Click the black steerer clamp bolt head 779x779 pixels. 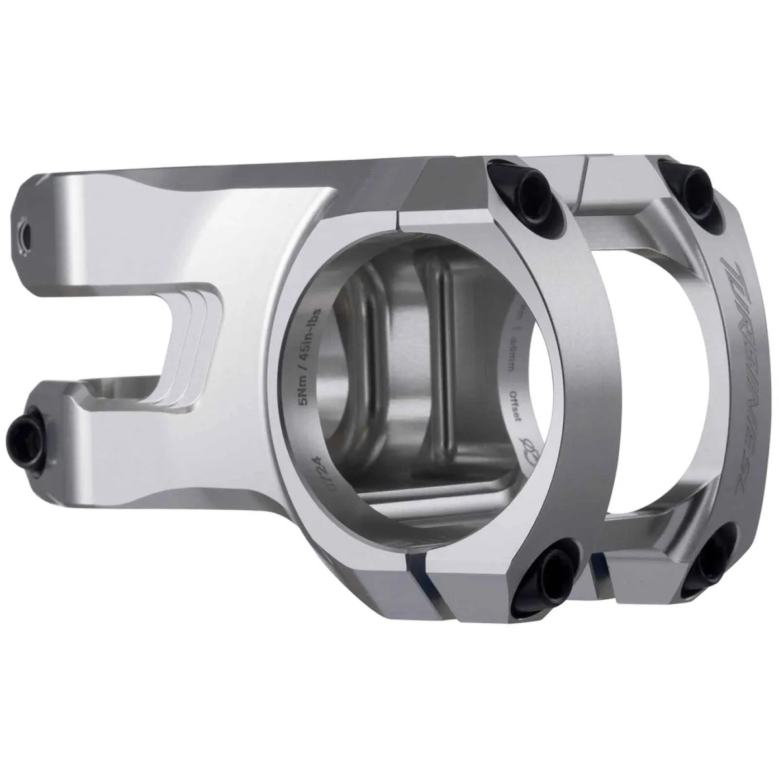click(x=25, y=428)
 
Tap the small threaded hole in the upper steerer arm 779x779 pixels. click(x=24, y=232)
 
